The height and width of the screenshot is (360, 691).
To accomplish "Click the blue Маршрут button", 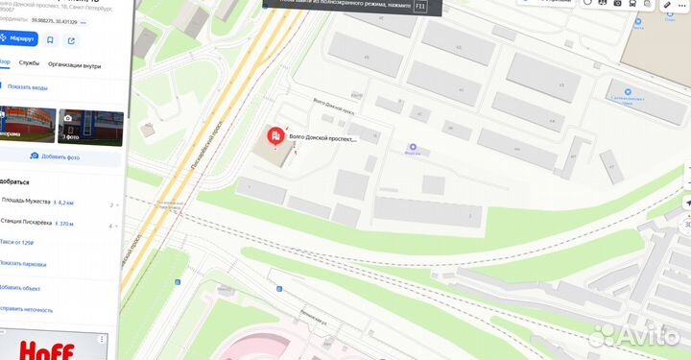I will (x=18, y=39).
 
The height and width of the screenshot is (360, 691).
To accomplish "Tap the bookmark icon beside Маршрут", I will (x=51, y=40).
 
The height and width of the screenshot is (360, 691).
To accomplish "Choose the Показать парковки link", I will (x=23, y=262).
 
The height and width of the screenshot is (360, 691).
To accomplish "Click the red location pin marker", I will (x=276, y=138).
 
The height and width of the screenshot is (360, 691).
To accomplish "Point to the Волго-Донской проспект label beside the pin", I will (x=322, y=139).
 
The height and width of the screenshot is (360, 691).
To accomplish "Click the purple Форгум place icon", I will (x=414, y=145).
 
